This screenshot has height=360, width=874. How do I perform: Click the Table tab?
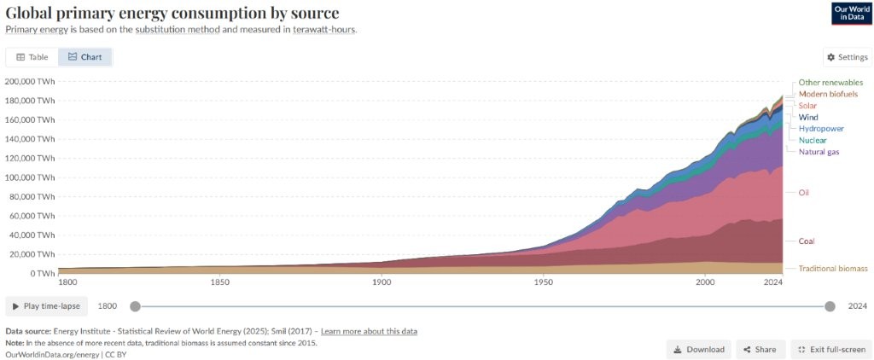tap(32, 57)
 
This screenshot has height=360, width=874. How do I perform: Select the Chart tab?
tap(85, 57)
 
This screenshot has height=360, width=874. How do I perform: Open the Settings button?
tap(847, 57)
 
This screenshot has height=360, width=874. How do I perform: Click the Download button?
tap(698, 349)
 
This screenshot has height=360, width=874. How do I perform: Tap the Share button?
tap(759, 349)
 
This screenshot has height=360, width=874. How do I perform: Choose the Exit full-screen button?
tap(832, 349)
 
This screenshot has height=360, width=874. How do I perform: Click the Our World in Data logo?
tap(851, 13)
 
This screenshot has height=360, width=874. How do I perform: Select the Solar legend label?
tap(807, 105)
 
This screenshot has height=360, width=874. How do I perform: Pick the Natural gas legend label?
tap(819, 152)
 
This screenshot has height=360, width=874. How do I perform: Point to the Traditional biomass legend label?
tap(832, 268)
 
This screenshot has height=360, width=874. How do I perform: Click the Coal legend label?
tap(807, 241)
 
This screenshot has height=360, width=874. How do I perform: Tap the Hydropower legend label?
tap(821, 128)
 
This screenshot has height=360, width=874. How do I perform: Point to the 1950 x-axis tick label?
tap(543, 282)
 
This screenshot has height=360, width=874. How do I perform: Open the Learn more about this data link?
tap(369, 331)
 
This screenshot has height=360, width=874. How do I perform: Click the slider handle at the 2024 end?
tap(830, 306)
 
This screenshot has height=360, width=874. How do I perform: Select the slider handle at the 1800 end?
tap(134, 306)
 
